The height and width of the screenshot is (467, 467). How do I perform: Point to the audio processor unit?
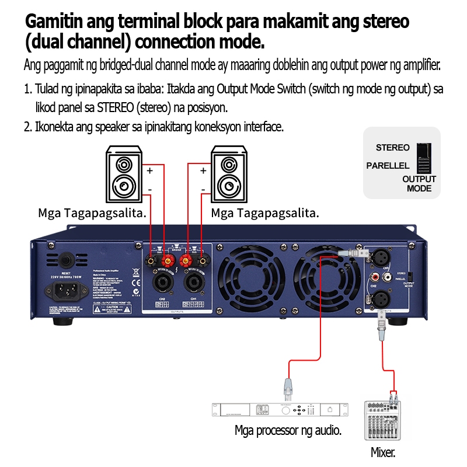click(280, 410)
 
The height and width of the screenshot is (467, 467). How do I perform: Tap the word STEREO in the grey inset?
click(392, 148)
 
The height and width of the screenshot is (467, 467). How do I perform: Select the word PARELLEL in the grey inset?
click(388, 166)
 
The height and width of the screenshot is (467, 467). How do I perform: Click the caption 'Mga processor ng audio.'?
click(288, 431)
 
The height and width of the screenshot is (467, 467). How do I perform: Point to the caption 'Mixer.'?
click(383, 452)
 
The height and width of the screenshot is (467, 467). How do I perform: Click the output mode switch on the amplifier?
click(411, 275)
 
